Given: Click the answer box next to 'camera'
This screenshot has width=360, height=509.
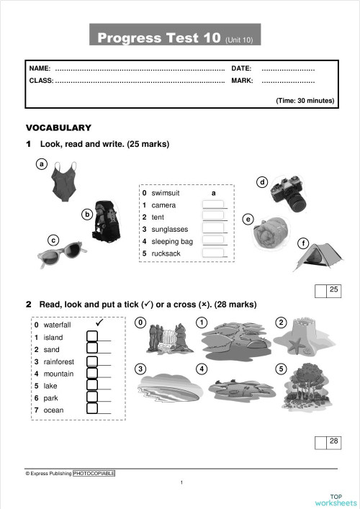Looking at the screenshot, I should tap(213, 205).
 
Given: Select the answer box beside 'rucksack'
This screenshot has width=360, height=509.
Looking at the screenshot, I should tap(213, 253).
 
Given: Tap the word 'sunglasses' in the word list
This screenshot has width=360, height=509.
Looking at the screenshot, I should tap(170, 230).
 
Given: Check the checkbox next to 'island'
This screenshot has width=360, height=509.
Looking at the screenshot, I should tap(92, 337).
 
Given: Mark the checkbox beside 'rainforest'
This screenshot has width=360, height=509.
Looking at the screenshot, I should tap(92, 361).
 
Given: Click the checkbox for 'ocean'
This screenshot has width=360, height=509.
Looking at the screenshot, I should tap(92, 410).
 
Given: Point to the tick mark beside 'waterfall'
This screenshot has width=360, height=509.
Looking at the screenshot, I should tap(100, 323).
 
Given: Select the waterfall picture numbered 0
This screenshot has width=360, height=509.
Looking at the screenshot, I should tap(167, 338).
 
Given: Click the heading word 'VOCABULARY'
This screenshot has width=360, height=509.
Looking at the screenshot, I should tap(58, 127).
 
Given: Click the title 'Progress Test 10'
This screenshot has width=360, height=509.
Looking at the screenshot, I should tap(158, 37).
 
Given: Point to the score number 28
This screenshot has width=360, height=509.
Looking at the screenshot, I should tap(333, 441).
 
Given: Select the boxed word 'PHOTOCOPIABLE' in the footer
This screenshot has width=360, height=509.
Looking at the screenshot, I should tap(94, 474).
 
